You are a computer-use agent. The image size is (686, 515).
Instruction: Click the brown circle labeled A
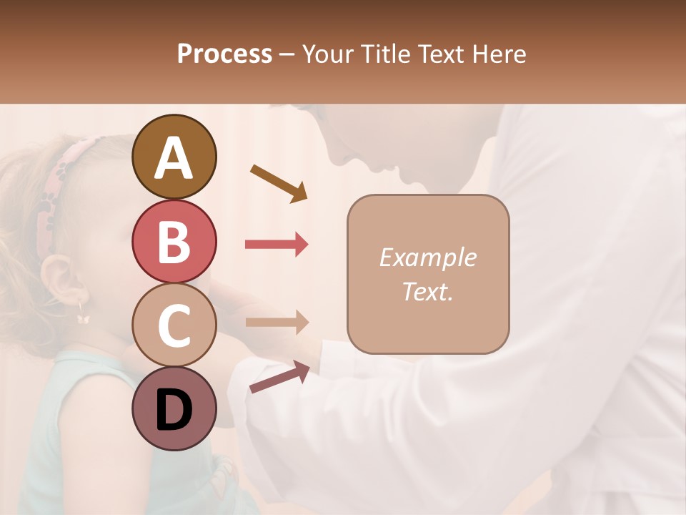pos(174,157)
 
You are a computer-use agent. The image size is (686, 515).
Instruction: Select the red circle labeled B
pos(174,241)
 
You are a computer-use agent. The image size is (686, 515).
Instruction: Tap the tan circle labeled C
pos(174,325)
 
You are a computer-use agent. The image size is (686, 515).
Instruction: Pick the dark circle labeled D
pos(174,409)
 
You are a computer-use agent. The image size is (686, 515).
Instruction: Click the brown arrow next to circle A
pos(279,182)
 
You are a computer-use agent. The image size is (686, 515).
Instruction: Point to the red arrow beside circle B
pos(277,245)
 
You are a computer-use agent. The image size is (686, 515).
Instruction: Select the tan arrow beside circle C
pos(277,322)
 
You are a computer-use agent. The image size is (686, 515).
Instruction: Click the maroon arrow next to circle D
pos(279,377)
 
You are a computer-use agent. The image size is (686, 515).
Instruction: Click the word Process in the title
pos(224,54)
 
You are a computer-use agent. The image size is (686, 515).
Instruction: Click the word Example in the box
pos(427,257)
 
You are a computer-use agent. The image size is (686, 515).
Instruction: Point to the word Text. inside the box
pos(427,291)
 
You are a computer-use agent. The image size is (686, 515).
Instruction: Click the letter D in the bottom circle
pos(174,411)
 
